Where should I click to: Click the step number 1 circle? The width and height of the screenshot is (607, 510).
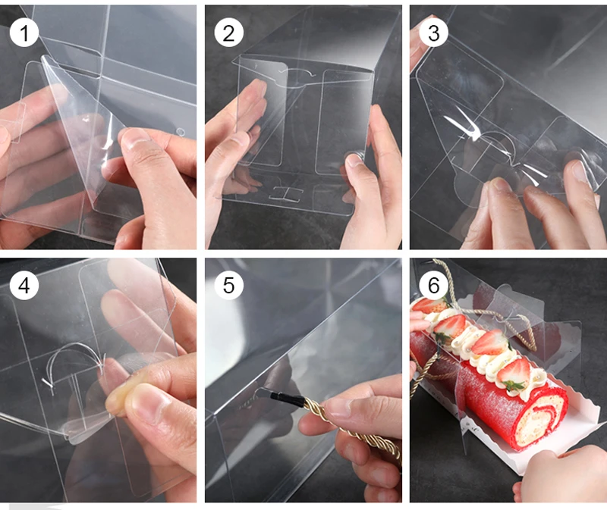(x=24, y=33)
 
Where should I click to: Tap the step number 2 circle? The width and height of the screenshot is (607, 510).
(x=229, y=33)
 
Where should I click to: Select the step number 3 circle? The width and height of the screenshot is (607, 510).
(x=433, y=33)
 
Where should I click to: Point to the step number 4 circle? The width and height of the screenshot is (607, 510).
(x=24, y=286)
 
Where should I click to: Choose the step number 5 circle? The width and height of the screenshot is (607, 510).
(x=229, y=286)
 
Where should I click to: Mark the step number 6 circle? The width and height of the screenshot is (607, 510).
(x=433, y=286)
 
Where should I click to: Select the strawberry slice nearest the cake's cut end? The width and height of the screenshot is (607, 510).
(x=514, y=374)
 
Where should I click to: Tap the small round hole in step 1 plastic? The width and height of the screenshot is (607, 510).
(x=181, y=133)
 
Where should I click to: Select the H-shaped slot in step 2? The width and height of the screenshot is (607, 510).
(x=287, y=194)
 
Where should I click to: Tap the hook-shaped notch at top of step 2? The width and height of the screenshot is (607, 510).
(x=298, y=73)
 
